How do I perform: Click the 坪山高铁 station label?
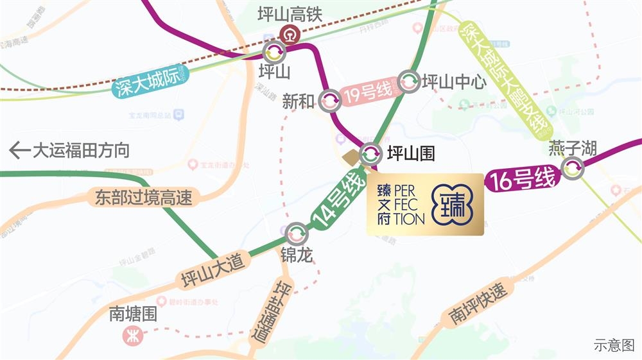click(x=289, y=15)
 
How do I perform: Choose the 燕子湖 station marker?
click(x=572, y=169)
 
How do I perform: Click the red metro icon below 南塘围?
click(x=134, y=335)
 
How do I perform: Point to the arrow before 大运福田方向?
click(x=19, y=151)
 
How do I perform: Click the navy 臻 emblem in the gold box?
click(x=453, y=204)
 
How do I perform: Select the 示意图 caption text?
click(x=614, y=345)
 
